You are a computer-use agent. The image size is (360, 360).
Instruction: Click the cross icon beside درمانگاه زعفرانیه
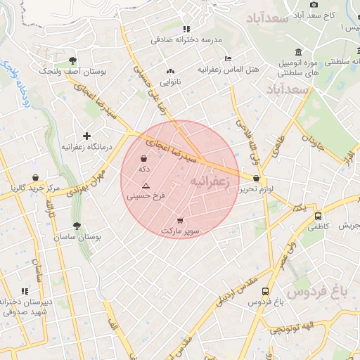click(86, 135)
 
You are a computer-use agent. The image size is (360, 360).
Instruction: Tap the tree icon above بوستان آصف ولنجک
click(74, 60)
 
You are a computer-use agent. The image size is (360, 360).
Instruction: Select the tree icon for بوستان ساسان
click(77, 226)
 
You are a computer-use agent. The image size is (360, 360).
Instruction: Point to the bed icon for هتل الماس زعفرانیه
click(227, 58)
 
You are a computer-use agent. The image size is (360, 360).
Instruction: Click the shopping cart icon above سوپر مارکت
click(181, 219)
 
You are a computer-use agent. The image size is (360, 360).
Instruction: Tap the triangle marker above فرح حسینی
click(146, 186)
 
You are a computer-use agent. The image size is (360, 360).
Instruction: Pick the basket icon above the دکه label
click(144, 158)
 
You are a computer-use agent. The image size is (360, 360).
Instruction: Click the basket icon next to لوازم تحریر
click(256, 179)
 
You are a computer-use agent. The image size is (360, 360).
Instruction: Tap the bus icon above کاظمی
click(319, 216)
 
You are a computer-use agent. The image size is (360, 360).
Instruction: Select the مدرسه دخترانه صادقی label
click(185, 40)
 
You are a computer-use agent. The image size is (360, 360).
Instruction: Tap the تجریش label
click(346, 226)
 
